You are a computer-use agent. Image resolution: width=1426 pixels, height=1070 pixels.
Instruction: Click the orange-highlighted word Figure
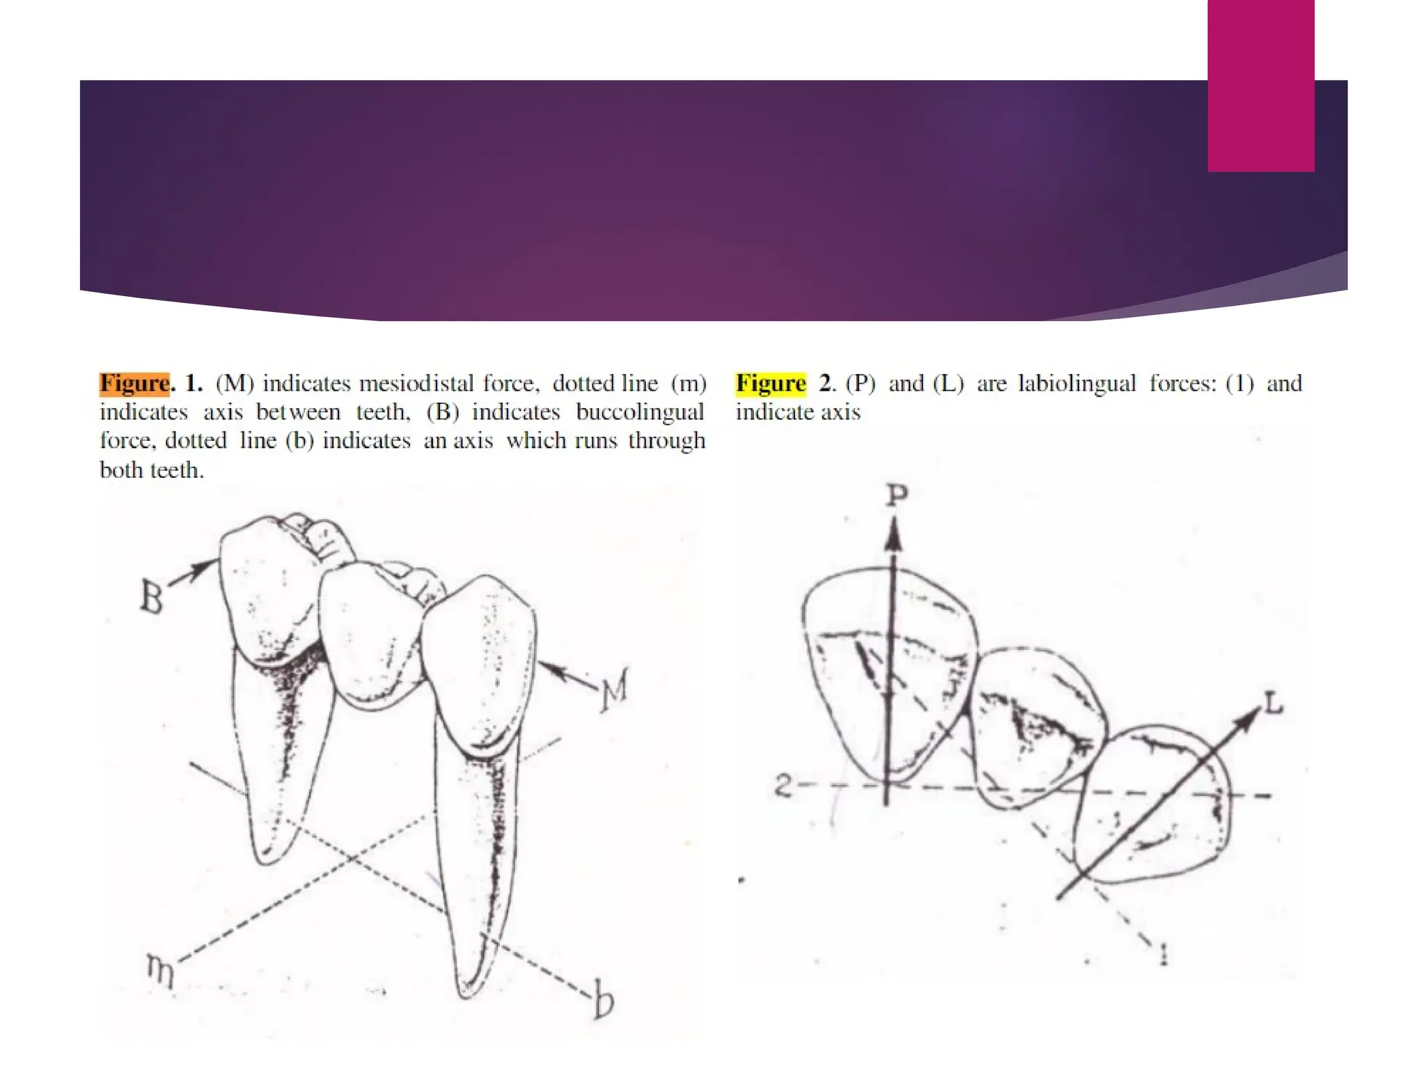134,383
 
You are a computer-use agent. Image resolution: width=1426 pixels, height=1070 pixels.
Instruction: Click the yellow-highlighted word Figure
771,383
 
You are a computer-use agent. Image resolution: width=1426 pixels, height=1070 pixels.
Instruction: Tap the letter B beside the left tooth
152,596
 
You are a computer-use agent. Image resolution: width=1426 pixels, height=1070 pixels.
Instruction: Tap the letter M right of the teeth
615,690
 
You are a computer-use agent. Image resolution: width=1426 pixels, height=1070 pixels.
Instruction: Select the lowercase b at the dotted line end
604,1000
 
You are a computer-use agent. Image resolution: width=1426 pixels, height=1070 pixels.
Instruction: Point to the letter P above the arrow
897,495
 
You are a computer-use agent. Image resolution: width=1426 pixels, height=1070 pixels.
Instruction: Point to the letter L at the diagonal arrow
1274,704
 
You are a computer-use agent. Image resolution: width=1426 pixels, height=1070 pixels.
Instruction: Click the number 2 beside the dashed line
783,785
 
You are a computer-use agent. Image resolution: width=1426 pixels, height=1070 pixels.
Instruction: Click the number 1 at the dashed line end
1163,953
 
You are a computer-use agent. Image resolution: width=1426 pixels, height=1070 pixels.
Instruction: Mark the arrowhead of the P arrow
894,536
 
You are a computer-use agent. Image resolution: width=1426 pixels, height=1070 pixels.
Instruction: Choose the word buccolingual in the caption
640,412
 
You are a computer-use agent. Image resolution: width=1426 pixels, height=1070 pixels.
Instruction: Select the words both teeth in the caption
151,470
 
